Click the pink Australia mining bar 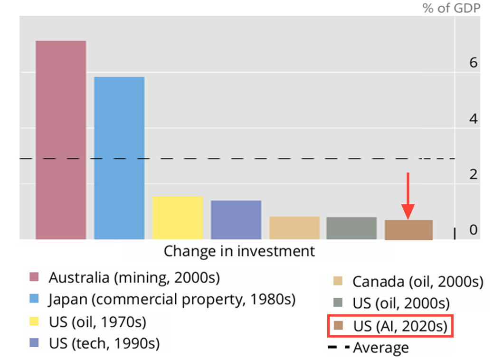(x=60, y=140)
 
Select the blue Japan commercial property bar (x=119, y=158)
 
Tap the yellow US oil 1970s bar (x=178, y=218)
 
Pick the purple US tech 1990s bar (x=236, y=219)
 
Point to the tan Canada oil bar (x=294, y=228)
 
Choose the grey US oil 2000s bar (x=351, y=228)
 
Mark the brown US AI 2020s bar (x=408, y=230)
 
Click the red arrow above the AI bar (x=408, y=195)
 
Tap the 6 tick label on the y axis (x=473, y=63)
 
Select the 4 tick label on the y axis (x=473, y=119)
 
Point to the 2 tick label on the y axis (x=473, y=174)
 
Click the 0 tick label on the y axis (x=473, y=230)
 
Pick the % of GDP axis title (x=451, y=8)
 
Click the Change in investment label (x=239, y=251)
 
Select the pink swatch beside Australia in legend (x=34, y=277)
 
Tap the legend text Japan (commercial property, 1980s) (x=171, y=300)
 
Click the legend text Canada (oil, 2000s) (x=418, y=282)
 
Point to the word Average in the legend (x=380, y=348)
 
